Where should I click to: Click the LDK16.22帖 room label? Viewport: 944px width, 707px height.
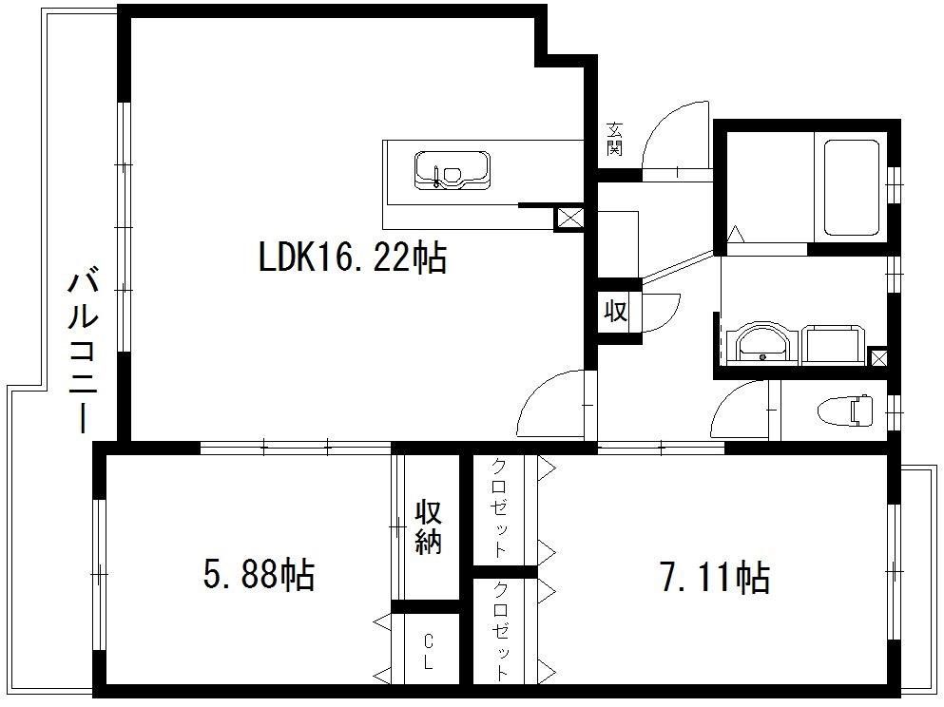(x=352, y=258)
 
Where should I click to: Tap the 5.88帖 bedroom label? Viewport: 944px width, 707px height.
(x=259, y=575)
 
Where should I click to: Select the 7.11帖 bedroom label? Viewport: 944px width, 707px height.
(x=715, y=577)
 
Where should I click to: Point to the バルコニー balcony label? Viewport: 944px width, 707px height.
(x=83, y=352)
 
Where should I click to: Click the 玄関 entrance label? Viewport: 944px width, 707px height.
(x=614, y=139)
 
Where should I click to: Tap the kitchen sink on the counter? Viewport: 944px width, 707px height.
(x=453, y=170)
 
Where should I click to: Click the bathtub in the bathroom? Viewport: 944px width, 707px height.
(x=851, y=188)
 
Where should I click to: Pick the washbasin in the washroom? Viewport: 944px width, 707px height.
(x=761, y=344)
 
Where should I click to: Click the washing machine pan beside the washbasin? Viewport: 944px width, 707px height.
(x=834, y=345)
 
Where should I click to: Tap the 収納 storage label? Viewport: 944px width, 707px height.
(x=428, y=526)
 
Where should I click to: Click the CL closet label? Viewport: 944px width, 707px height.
(x=428, y=651)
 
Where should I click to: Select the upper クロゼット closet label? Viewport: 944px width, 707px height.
(x=499, y=508)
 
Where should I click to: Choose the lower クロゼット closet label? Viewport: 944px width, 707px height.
(x=500, y=631)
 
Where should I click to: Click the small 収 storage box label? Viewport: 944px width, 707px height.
(x=616, y=312)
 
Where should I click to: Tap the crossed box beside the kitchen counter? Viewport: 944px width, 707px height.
(x=568, y=219)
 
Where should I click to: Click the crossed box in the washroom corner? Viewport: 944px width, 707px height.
(x=878, y=357)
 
